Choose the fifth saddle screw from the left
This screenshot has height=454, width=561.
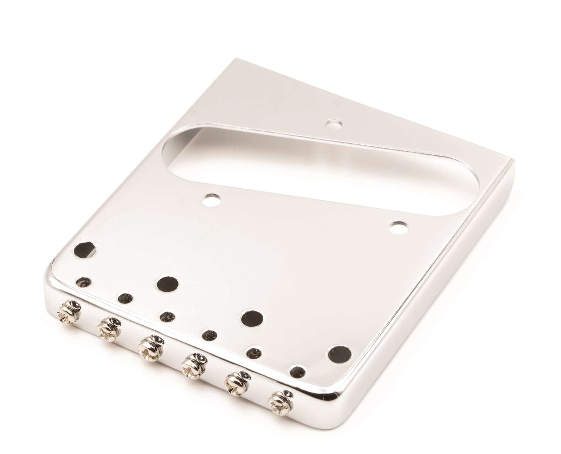point(234,383)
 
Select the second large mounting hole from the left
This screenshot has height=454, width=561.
point(168,284)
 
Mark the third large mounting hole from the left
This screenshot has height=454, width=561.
point(252,318)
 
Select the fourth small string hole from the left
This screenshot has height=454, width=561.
point(210,335)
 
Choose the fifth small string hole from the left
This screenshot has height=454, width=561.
point(254,353)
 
